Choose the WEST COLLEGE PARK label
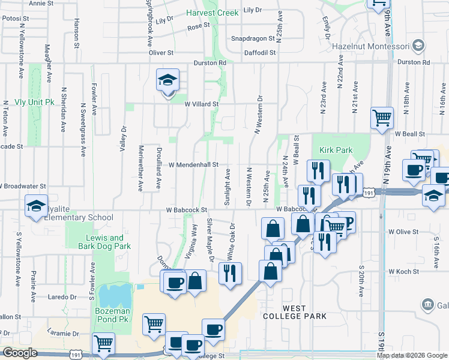click(x=296, y=311)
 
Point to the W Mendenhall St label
click(x=193, y=164)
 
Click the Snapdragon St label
click(x=252, y=37)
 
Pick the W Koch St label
click(x=402, y=272)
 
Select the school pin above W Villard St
click(x=167, y=80)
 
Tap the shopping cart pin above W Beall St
click(x=382, y=118)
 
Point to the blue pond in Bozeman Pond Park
click(x=115, y=295)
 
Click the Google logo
click(x=20, y=353)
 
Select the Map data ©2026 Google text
click(x=412, y=355)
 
